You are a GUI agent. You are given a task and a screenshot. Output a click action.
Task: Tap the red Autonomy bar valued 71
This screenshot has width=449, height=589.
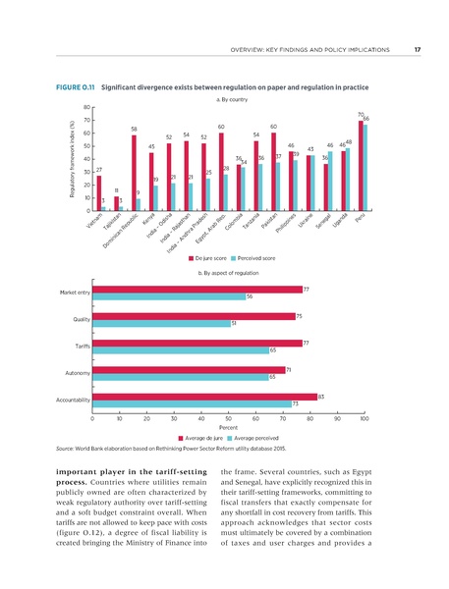[x=189, y=369]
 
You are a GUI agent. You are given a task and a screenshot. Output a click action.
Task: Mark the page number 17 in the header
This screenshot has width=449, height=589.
[x=418, y=50]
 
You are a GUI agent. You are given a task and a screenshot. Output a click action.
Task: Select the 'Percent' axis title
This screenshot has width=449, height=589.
[x=228, y=427]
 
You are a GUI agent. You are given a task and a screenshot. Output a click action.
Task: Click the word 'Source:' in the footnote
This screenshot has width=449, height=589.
[x=58, y=447]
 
